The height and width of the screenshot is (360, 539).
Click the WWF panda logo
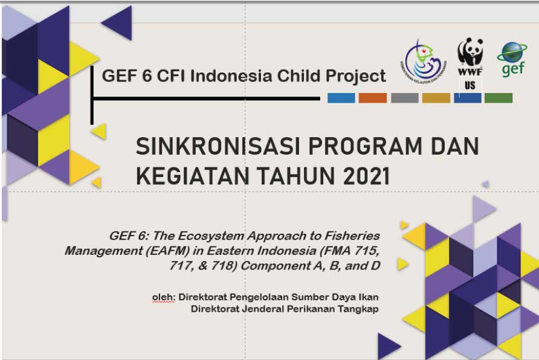[x=470, y=57]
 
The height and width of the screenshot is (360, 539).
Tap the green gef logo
[x=512, y=59]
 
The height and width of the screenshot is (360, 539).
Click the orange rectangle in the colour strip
[x=373, y=98]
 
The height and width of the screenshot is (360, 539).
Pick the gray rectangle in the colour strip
[x=405, y=98]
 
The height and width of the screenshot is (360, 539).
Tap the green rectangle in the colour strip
[x=499, y=98]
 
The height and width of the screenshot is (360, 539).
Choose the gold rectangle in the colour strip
[x=436, y=98]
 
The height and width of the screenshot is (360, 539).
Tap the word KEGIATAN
[x=193, y=176]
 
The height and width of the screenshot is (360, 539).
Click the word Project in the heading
[x=356, y=76]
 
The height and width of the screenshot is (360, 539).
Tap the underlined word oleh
[x=164, y=297]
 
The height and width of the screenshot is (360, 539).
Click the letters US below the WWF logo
[x=470, y=85]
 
